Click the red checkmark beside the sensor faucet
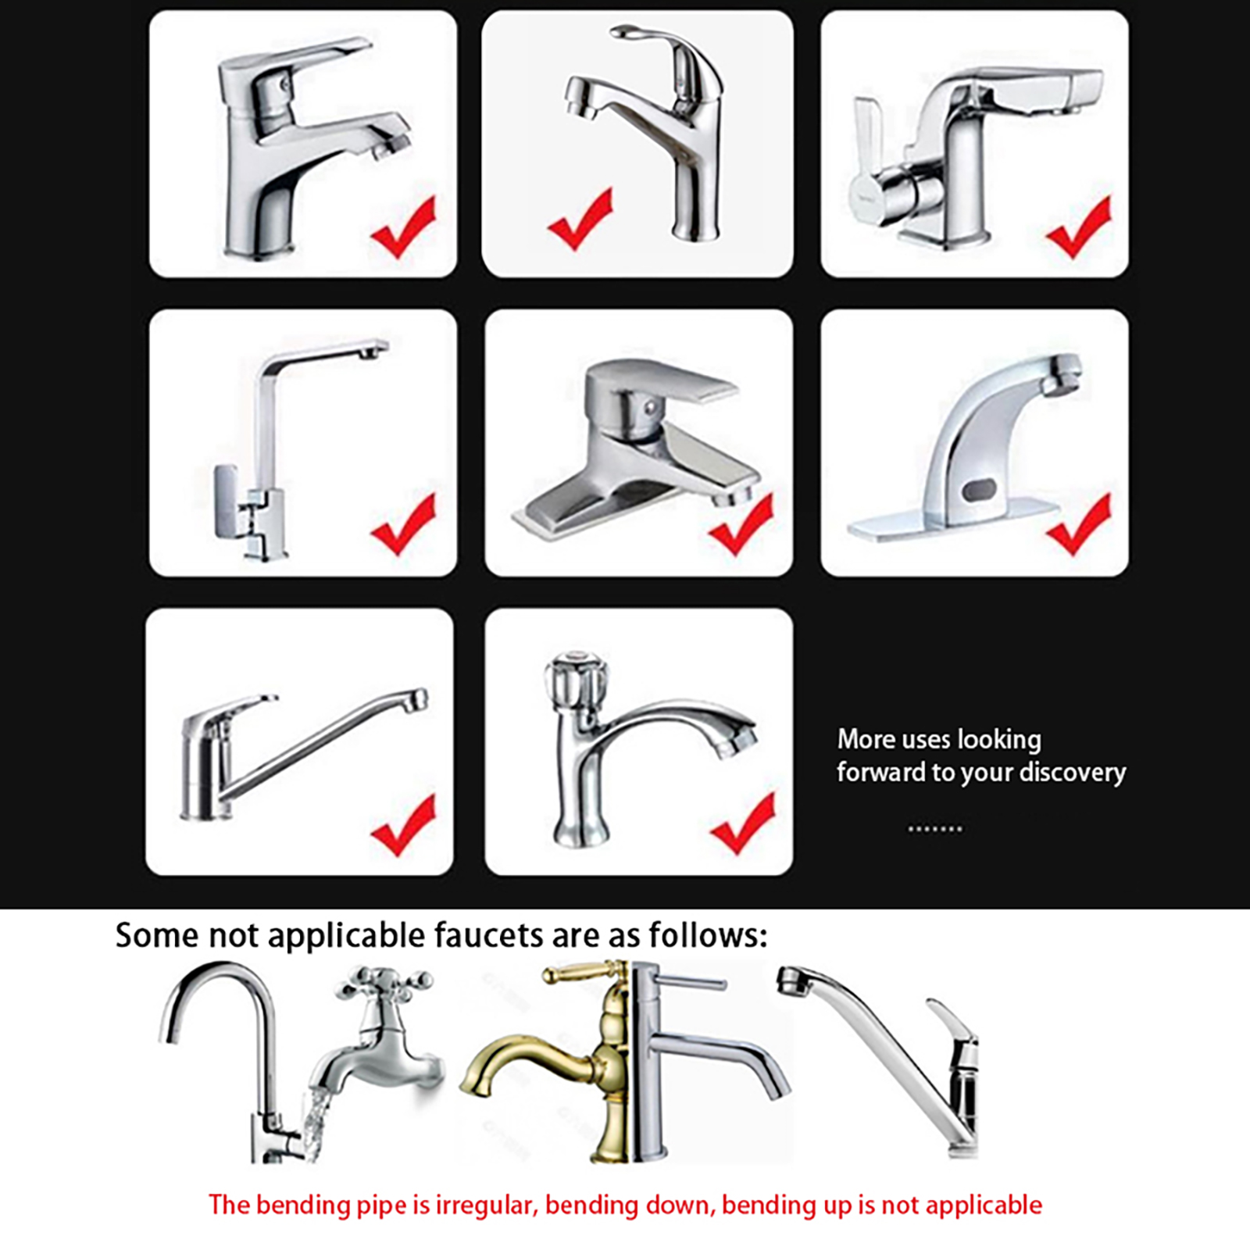[x=1080, y=524]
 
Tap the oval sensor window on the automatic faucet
[x=979, y=491]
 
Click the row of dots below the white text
[x=935, y=828]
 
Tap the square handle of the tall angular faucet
[x=226, y=502]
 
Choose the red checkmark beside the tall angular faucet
[x=404, y=524]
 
